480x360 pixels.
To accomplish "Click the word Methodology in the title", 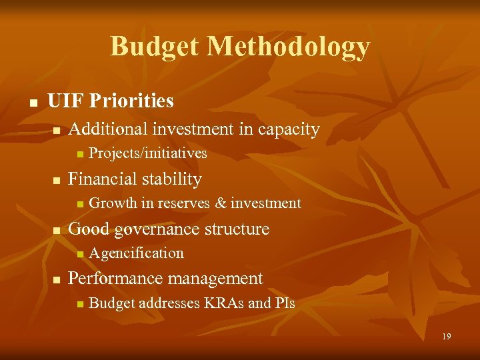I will (x=288, y=47).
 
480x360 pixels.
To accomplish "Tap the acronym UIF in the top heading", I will (x=65, y=101).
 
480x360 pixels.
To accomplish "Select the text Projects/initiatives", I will (x=147, y=154).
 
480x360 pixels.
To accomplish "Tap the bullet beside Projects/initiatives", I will (x=79, y=155).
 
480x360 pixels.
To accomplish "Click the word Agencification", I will (x=136, y=253).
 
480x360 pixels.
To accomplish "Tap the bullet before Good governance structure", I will (x=57, y=231).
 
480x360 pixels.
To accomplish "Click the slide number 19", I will (x=446, y=337).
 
